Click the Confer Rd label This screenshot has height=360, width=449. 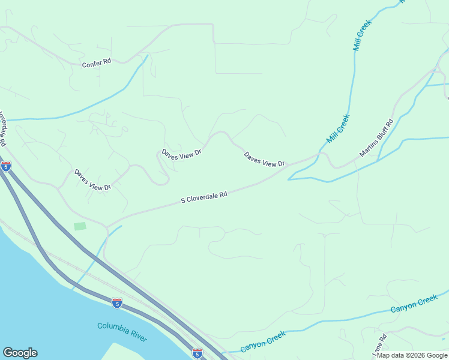[97, 62]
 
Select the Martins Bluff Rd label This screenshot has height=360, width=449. [376, 138]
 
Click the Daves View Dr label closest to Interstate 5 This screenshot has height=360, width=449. [92, 179]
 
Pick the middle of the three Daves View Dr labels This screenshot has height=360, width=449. [181, 154]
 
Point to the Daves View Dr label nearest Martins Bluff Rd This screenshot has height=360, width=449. [264, 160]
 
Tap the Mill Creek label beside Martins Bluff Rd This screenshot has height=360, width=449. [337, 128]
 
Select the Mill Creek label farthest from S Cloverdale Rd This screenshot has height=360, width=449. [363, 35]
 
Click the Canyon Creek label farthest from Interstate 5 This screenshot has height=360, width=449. [414, 304]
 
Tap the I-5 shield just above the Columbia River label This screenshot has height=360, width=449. [117, 303]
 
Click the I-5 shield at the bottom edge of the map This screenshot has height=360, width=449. [197, 353]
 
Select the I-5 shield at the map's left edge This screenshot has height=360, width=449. [6, 166]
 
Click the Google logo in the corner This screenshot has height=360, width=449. [20, 353]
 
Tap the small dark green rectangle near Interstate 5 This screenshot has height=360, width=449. [80, 226]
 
